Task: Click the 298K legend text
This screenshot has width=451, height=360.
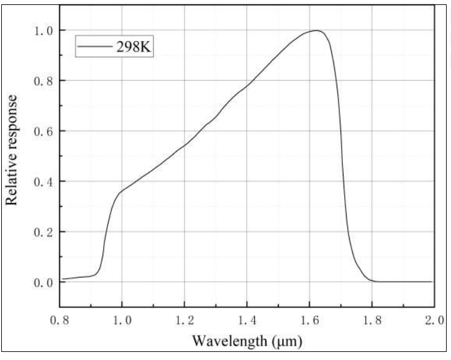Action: pos(133,47)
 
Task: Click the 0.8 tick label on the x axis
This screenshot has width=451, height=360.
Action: pos(60,320)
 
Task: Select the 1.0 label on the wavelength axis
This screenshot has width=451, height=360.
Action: pos(122,320)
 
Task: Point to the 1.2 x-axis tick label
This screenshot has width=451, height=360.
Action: pos(184,320)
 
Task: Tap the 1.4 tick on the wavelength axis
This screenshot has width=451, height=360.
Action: pos(247,320)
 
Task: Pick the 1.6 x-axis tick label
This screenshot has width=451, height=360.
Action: pos(309,320)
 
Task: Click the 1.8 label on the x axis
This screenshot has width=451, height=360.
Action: pos(371,320)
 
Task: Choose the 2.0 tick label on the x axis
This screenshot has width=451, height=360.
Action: pos(433,320)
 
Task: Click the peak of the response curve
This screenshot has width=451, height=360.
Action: pos(317,30)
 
